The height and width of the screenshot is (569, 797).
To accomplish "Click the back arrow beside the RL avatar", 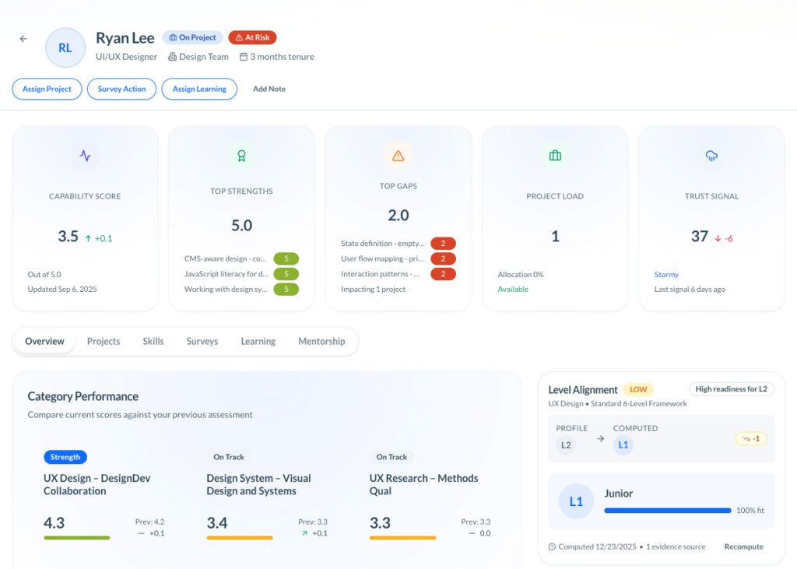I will click(x=23, y=39).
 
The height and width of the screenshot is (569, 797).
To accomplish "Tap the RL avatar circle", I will click(x=65, y=47).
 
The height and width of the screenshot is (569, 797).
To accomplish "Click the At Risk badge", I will click(x=252, y=37).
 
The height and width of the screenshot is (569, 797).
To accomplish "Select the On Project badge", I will click(x=192, y=37).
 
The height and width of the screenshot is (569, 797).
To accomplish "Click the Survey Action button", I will click(x=121, y=89).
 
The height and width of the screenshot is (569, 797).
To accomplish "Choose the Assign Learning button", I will click(x=199, y=89).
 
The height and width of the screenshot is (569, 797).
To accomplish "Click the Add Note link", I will click(x=269, y=89).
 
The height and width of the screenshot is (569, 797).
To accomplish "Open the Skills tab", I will click(x=153, y=341).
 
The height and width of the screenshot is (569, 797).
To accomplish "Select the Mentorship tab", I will click(x=321, y=341).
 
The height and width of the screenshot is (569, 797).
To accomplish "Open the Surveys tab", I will click(x=202, y=341).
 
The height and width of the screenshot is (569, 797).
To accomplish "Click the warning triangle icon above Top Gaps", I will click(x=398, y=156).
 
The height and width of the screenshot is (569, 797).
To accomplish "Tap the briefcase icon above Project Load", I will click(x=555, y=156).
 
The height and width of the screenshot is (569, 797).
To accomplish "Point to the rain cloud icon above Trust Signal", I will click(x=711, y=156).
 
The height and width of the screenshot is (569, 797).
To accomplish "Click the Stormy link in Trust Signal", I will click(x=666, y=275).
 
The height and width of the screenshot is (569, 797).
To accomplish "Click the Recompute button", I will click(x=743, y=546).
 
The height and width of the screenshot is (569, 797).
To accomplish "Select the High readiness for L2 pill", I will click(x=731, y=389).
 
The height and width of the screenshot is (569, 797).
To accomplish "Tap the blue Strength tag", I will click(x=65, y=457).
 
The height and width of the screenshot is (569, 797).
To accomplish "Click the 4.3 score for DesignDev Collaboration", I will click(x=54, y=523).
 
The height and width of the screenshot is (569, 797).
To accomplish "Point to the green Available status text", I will click(x=513, y=289).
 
